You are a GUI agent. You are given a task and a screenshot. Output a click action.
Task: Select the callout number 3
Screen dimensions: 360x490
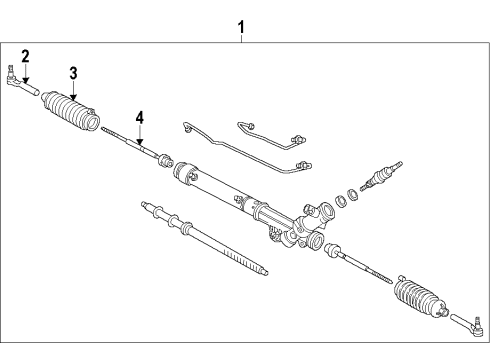[73, 72]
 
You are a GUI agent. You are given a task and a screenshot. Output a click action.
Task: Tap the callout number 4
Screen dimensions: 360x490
[140, 118]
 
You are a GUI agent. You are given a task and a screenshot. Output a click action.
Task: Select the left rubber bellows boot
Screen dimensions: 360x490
[73, 110]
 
